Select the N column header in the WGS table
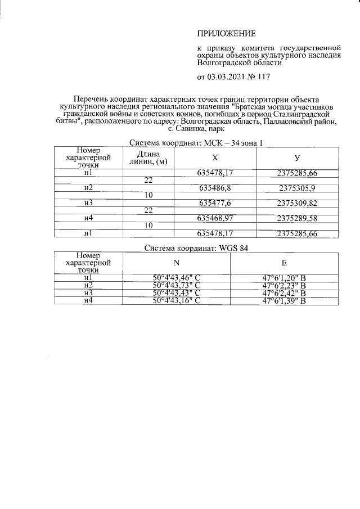coord(177,262)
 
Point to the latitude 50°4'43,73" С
coord(177,285)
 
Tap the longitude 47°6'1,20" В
coord(284,277)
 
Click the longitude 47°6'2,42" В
coord(284,293)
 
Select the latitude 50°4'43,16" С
coord(177,301)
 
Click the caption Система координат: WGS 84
coord(196,247)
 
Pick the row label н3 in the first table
coord(88,202)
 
